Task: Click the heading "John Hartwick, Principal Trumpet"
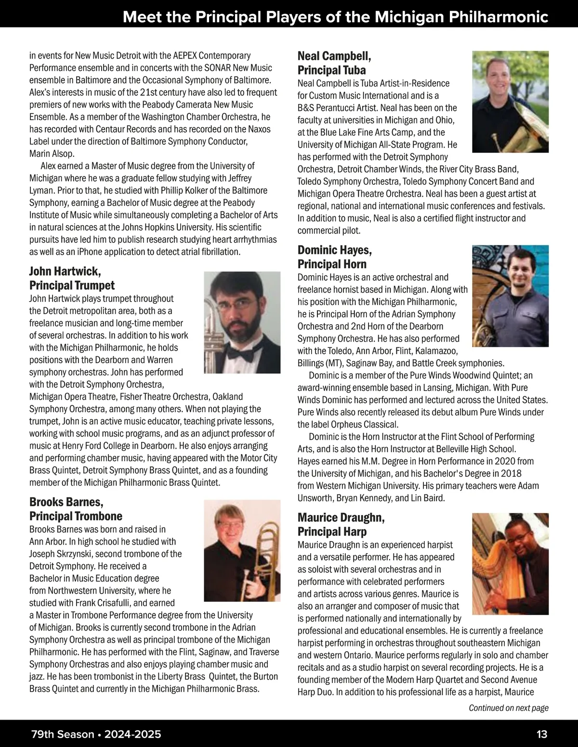point(72,279)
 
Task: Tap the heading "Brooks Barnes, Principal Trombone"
point(76,509)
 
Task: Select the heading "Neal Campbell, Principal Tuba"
point(334,63)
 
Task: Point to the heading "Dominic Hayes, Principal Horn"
point(334,257)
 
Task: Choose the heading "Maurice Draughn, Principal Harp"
point(341,525)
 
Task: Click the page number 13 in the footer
point(541,734)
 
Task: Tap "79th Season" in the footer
point(62,734)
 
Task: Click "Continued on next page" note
point(508,708)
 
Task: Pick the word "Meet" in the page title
point(139,17)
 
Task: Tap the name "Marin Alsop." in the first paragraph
point(52,154)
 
